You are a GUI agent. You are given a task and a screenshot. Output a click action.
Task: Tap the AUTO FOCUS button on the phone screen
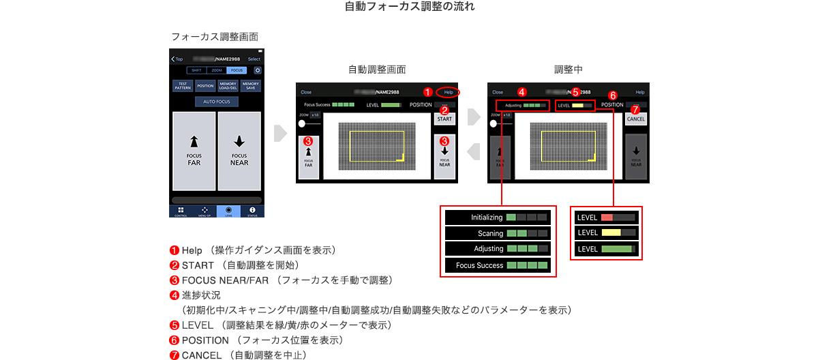(216, 102)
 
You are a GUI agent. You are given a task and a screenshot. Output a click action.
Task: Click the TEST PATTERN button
(183, 86)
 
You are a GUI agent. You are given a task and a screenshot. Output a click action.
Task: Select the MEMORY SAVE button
(250, 86)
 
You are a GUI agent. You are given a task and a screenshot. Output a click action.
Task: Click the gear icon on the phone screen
(257, 70)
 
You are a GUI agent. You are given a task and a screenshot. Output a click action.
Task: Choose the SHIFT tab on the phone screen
(196, 70)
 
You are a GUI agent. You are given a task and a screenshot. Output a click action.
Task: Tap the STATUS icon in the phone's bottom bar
(252, 211)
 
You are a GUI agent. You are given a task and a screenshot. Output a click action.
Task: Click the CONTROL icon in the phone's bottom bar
(181, 211)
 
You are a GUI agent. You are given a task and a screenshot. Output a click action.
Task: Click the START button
(444, 119)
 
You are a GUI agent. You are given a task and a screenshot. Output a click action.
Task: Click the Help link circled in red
(449, 92)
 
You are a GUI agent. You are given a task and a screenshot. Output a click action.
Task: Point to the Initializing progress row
(498, 217)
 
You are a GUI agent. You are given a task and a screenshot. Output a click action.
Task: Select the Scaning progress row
(498, 233)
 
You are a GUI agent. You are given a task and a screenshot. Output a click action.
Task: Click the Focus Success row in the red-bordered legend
(498, 265)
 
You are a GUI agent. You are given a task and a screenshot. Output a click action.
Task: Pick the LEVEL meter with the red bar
(606, 217)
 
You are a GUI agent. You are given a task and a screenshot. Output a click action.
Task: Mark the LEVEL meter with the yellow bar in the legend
(606, 233)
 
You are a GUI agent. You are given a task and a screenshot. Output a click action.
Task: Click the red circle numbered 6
(612, 96)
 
